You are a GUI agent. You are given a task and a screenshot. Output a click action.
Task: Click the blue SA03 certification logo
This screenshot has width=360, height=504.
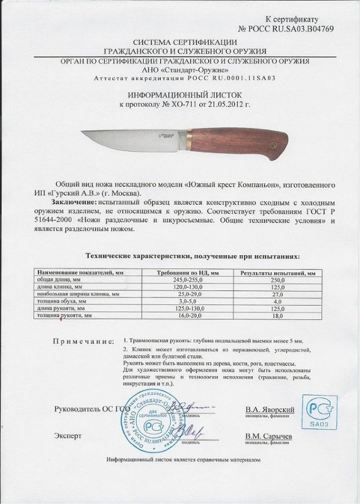tap(319, 413)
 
